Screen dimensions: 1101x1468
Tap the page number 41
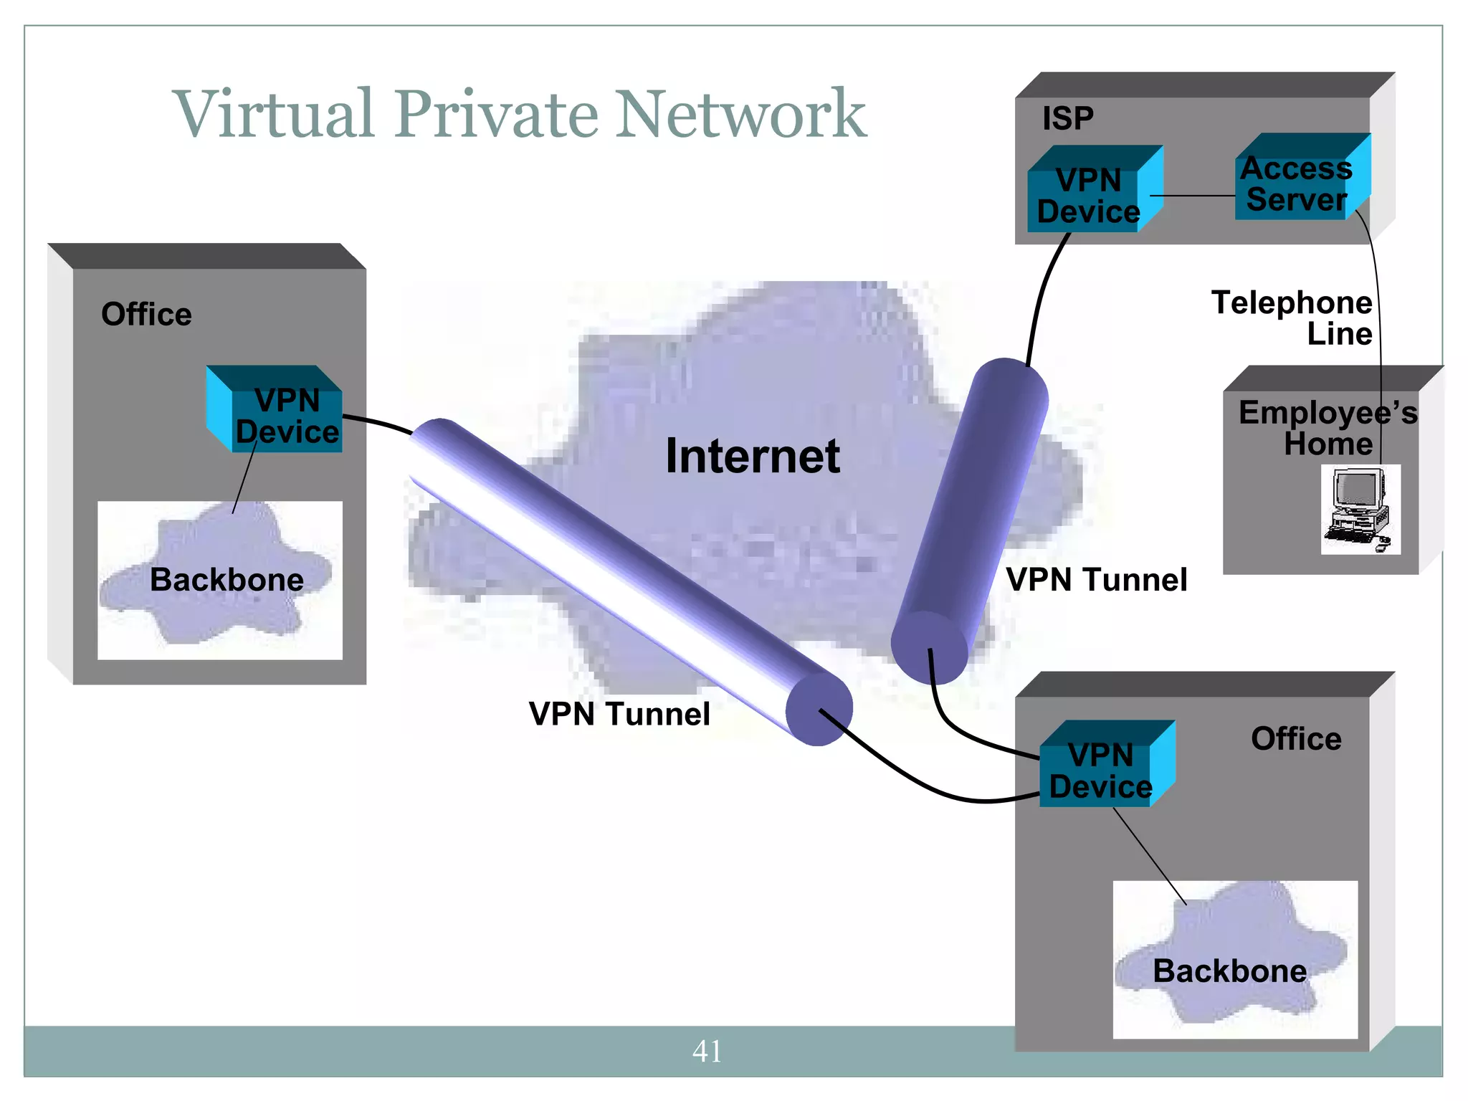tap(707, 1051)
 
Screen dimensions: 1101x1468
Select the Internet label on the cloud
tap(753, 456)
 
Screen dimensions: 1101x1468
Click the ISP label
tap(1067, 118)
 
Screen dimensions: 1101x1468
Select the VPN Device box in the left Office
tap(287, 416)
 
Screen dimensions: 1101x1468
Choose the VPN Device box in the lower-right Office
tap(1100, 771)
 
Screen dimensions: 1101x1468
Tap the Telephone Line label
tap(1292, 318)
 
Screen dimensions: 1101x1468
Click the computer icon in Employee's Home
tap(1359, 509)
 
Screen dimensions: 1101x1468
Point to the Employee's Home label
tap(1328, 428)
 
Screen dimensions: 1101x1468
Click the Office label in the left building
tap(146, 315)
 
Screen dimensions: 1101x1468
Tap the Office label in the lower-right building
tap(1296, 738)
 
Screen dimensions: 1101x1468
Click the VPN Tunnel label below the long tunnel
tap(619, 714)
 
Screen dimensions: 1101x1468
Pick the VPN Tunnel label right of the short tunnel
tap(1097, 579)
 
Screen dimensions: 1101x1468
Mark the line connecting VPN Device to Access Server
tap(1193, 196)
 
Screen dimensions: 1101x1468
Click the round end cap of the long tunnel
tap(819, 710)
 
